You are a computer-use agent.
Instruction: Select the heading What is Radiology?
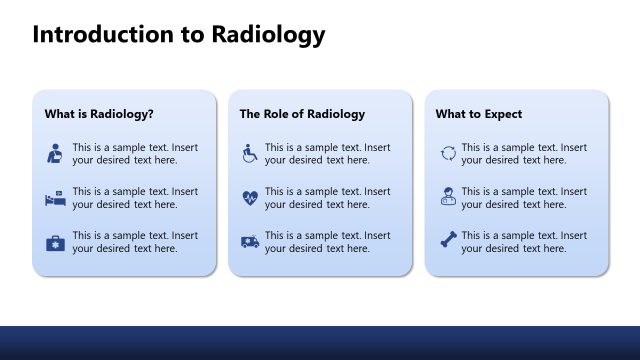click(x=98, y=114)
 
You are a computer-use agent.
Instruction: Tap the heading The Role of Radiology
click(x=302, y=114)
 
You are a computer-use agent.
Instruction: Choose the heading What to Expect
click(x=478, y=114)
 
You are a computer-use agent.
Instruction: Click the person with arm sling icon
click(x=54, y=153)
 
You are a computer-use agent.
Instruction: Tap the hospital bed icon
click(x=54, y=198)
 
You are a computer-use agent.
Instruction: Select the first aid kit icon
click(x=54, y=242)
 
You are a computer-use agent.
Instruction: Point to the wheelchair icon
click(x=249, y=153)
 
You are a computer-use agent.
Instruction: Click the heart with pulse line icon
click(x=249, y=198)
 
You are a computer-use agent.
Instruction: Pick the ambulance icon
click(x=249, y=242)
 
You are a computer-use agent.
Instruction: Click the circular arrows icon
click(x=448, y=153)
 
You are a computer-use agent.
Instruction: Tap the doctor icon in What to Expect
click(x=448, y=198)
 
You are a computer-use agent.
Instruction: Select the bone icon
click(x=448, y=242)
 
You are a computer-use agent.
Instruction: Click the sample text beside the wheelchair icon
click(x=327, y=153)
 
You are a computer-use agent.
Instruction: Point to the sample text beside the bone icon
click(x=524, y=242)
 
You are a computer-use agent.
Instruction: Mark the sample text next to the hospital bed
click(x=135, y=198)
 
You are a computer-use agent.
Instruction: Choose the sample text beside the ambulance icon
click(x=327, y=242)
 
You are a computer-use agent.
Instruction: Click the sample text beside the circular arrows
click(x=524, y=153)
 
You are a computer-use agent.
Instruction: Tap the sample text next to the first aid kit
click(x=135, y=242)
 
